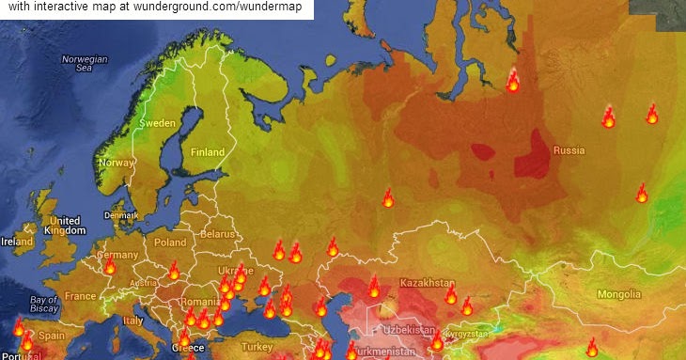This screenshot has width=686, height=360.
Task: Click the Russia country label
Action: (x=569, y=150)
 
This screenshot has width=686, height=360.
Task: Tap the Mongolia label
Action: (x=619, y=294)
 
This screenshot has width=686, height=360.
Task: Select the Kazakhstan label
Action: (x=428, y=282)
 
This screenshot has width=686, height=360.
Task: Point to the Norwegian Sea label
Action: (x=85, y=63)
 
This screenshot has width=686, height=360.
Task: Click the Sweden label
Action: (x=158, y=123)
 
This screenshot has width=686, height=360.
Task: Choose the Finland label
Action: (x=208, y=152)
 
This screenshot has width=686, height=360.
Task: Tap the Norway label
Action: (x=117, y=163)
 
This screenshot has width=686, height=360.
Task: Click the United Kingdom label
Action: (x=65, y=226)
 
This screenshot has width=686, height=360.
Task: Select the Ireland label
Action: (x=17, y=241)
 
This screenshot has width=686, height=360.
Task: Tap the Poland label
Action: (x=170, y=242)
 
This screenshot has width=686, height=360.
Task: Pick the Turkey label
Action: (x=256, y=346)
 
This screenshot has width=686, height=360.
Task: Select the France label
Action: (x=80, y=295)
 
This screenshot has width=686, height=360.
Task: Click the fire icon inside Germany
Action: (x=109, y=266)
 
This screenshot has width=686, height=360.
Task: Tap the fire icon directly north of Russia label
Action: (x=513, y=81)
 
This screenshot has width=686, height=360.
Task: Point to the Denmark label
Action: (x=121, y=215)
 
